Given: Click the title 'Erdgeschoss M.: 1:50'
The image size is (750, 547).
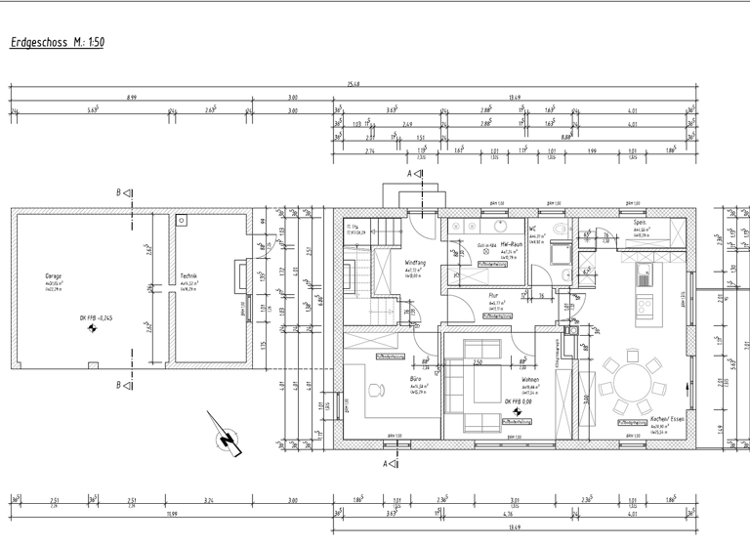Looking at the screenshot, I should point(57,43).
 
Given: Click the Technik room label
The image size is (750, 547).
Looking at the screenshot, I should point(189,276).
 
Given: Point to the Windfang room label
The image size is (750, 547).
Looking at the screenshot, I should point(415,263).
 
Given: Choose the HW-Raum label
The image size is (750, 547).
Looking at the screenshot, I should point(514,245).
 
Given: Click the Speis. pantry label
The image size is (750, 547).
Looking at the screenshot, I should point(641,222).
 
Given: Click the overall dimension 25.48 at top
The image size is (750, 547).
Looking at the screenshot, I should point(354,85).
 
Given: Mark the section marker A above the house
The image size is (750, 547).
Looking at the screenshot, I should point(414,174).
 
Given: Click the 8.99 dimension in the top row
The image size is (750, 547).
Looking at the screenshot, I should point(131,98).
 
